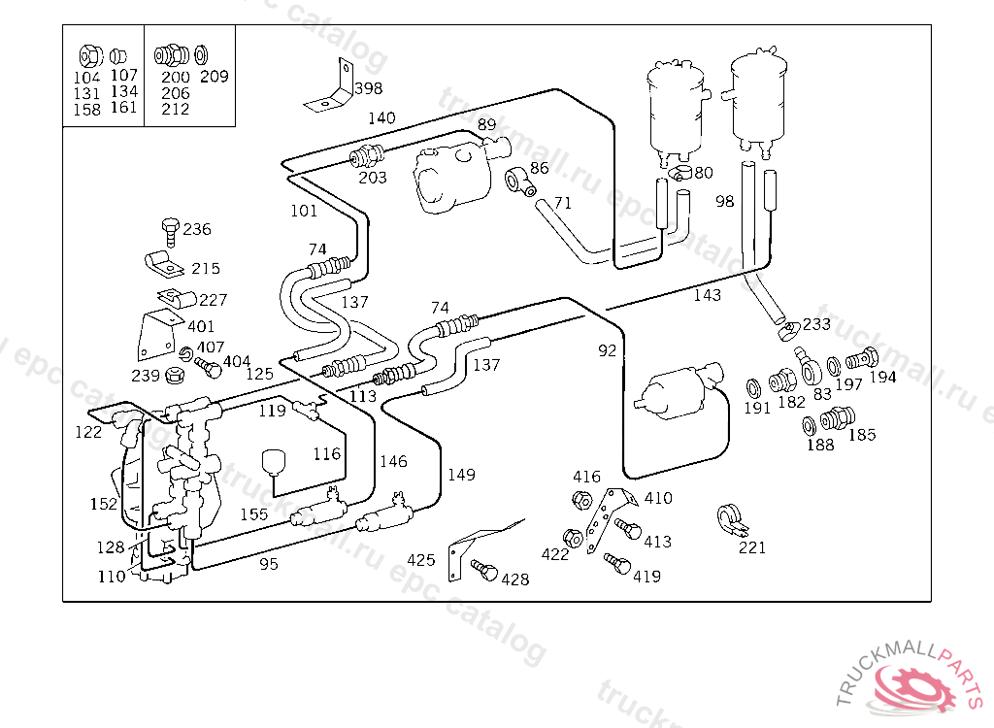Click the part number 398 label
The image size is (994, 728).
[368, 88]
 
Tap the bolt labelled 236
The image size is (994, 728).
[171, 233]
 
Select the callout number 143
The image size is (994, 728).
[707, 295]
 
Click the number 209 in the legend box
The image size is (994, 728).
[214, 77]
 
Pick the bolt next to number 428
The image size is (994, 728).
[484, 570]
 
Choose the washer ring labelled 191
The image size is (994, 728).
[753, 387]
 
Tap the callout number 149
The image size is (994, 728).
[461, 475]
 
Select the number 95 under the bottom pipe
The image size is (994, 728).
[269, 564]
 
